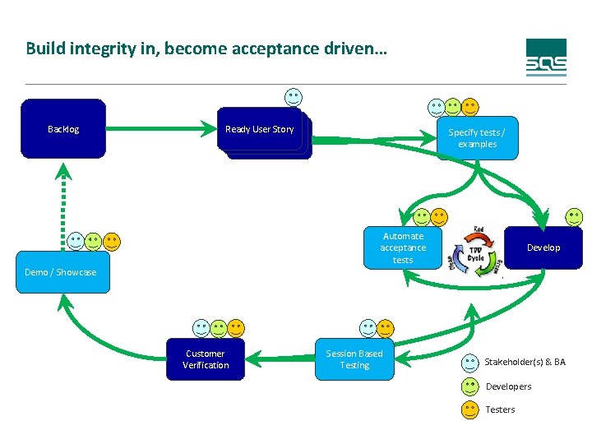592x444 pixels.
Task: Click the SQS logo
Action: [546, 58]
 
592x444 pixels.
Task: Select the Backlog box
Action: [63, 128]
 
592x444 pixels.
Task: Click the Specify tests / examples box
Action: [477, 138]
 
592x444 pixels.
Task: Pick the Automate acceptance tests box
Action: [403, 247]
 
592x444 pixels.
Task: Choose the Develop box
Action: [543, 247]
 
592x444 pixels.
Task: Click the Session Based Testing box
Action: [354, 359]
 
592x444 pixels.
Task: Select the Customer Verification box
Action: [206, 359]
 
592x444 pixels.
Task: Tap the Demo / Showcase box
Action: [61, 272]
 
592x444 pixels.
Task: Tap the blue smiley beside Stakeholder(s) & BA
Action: [470, 362]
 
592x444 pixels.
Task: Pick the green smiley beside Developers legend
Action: [470, 386]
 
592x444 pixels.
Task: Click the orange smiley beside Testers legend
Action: [470, 409]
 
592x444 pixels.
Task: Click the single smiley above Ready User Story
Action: [294, 96]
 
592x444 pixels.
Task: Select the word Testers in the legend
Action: [500, 409]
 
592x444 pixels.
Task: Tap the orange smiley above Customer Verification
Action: [236, 328]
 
